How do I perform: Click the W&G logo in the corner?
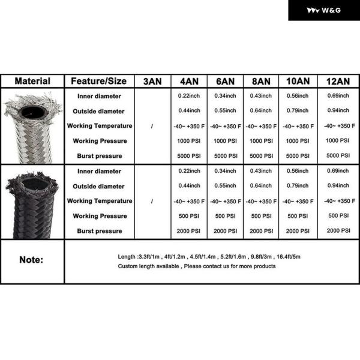coord(323,10)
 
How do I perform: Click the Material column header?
coord(32,81)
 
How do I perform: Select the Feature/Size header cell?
coord(99,81)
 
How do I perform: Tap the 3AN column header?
coord(152,81)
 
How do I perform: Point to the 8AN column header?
coord(262,81)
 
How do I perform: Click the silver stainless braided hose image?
coord(32,126)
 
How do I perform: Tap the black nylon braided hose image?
coord(32,201)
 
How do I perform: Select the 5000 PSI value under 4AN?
coord(189,156)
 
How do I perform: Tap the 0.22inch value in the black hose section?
coord(189,172)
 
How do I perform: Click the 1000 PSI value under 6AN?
coord(225,141)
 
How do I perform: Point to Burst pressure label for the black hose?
coord(99,231)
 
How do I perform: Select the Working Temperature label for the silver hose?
coord(99,126)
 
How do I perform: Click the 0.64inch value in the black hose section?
coord(262,186)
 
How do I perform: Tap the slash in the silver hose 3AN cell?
coord(152,126)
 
